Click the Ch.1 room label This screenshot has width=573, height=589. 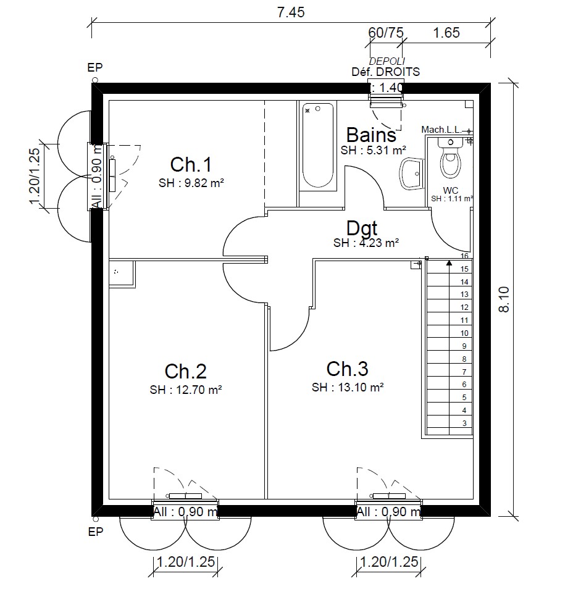(191, 165)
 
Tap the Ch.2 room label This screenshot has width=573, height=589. (185, 371)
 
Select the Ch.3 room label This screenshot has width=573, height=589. (347, 369)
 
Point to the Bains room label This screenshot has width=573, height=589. (370, 135)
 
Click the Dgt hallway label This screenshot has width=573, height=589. (361, 228)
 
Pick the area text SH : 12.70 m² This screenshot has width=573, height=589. (185, 390)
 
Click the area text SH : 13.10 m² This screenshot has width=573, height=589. (348, 387)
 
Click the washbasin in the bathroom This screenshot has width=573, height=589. (412, 173)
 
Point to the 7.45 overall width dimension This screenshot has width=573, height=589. (291, 12)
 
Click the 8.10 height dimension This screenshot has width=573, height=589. (504, 299)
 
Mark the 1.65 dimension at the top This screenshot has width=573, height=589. (446, 33)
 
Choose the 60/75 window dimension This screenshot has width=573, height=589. (385, 33)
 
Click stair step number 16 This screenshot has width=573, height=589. (465, 256)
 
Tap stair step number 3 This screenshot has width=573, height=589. (464, 423)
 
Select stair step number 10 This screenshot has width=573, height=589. (464, 333)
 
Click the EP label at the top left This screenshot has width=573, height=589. (95, 67)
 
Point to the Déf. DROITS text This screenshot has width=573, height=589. (385, 72)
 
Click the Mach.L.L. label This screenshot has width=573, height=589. (441, 129)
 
